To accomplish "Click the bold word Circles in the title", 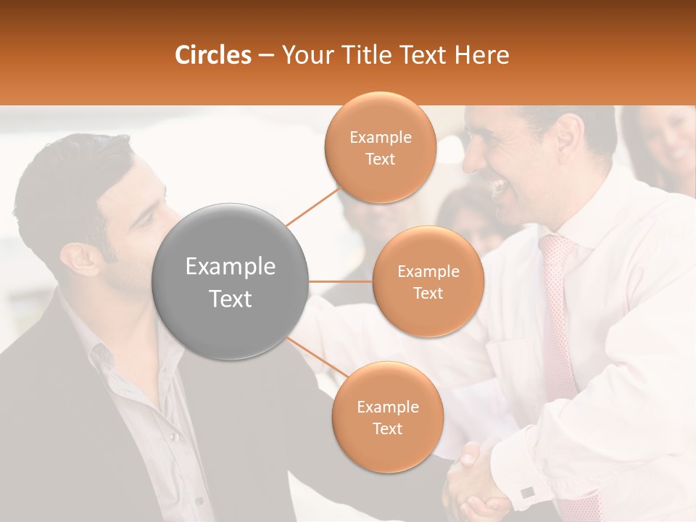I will [x=212, y=55].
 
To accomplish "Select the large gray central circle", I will [x=231, y=281].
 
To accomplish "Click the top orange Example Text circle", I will [x=381, y=147].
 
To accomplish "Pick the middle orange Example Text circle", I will [x=428, y=281].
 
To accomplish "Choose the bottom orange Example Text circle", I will [x=387, y=417].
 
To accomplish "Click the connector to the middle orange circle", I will [x=341, y=281].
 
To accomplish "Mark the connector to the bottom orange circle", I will [x=316, y=357].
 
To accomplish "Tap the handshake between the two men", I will [x=475, y=482].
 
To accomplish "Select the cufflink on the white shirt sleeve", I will [x=527, y=492].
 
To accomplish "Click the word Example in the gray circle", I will [x=231, y=267].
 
